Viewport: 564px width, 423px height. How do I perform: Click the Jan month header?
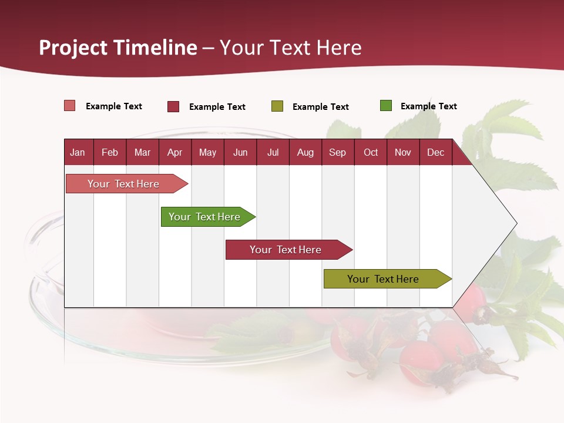click(x=78, y=152)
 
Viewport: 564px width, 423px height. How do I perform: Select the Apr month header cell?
click(x=174, y=152)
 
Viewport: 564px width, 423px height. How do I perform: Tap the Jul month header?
click(x=273, y=152)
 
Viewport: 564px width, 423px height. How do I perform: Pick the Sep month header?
click(x=337, y=152)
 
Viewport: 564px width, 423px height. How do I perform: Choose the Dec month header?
click(x=435, y=152)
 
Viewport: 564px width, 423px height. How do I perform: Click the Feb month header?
click(x=110, y=152)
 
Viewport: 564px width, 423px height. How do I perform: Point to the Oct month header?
click(x=370, y=152)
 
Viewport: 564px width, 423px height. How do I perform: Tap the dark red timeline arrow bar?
click(x=286, y=250)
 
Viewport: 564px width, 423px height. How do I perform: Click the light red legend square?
click(x=70, y=106)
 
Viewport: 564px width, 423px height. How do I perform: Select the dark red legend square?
click(x=173, y=106)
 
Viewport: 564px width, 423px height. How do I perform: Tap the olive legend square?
click(x=277, y=106)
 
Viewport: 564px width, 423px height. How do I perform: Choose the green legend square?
click(x=386, y=106)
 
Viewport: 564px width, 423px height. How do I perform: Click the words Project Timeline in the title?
click(x=117, y=48)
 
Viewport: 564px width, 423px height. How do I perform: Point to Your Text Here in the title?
click(x=290, y=48)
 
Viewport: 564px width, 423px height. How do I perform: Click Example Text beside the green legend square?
click(x=428, y=106)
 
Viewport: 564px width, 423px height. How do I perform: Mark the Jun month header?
click(x=240, y=152)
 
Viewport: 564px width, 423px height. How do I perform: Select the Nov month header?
click(x=403, y=152)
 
